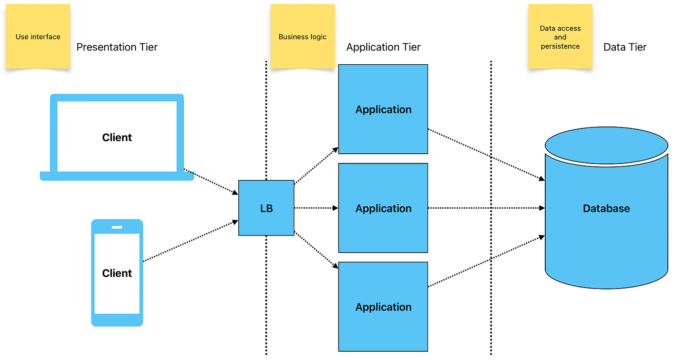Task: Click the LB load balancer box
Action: [266, 208]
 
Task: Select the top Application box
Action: [383, 109]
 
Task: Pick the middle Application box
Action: [383, 208]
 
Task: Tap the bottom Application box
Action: [383, 307]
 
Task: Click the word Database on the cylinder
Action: [606, 208]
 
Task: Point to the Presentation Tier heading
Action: [117, 47]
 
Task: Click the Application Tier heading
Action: [383, 47]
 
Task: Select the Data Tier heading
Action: [625, 47]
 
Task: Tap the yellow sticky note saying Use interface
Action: [38, 36]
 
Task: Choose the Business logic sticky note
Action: [303, 36]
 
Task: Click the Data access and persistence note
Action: [560, 37]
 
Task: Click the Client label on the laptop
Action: [117, 138]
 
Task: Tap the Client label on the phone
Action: [117, 273]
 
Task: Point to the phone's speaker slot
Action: [117, 227]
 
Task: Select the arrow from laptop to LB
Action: [211, 181]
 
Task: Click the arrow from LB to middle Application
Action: [316, 208]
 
